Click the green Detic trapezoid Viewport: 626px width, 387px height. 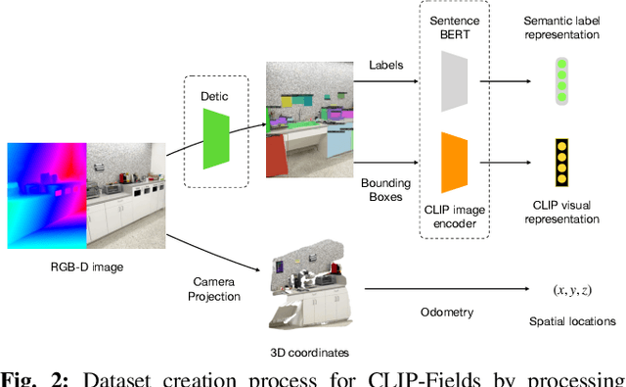pos(216,137)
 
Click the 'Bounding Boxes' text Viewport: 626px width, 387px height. pos(384,191)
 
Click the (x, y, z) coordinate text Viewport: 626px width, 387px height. pos(570,290)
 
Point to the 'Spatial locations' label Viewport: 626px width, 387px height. pos(572,320)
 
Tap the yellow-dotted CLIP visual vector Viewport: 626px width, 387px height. pos(561,163)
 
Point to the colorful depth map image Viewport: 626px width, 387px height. pos(47,193)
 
